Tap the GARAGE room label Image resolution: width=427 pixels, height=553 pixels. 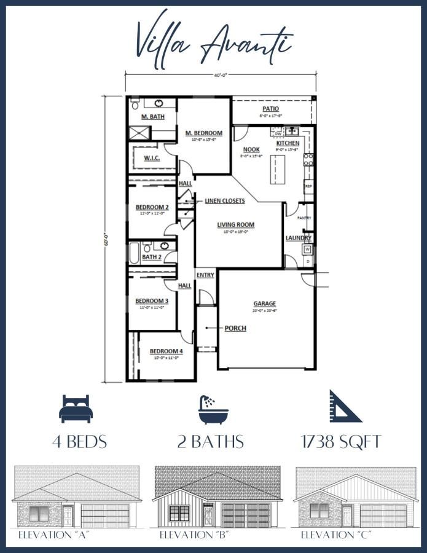(265, 304)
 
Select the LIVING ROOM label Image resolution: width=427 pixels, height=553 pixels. (235, 225)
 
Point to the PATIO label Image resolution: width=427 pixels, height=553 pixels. (271, 109)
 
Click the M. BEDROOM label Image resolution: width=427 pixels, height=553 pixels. (204, 133)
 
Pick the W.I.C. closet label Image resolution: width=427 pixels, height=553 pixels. (152, 158)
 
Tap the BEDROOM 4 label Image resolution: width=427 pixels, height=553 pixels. (166, 351)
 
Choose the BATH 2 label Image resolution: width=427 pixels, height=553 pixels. (152, 257)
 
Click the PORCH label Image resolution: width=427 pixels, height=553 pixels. (235, 328)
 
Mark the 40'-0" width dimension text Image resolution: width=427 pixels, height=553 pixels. (221, 75)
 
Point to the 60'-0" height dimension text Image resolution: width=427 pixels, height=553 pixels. (106, 238)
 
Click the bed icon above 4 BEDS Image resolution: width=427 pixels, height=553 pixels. (74, 409)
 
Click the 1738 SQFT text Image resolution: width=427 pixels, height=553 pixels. (341, 442)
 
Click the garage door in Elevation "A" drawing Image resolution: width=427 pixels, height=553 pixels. (106, 515)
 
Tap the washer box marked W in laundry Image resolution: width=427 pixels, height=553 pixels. (307, 249)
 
